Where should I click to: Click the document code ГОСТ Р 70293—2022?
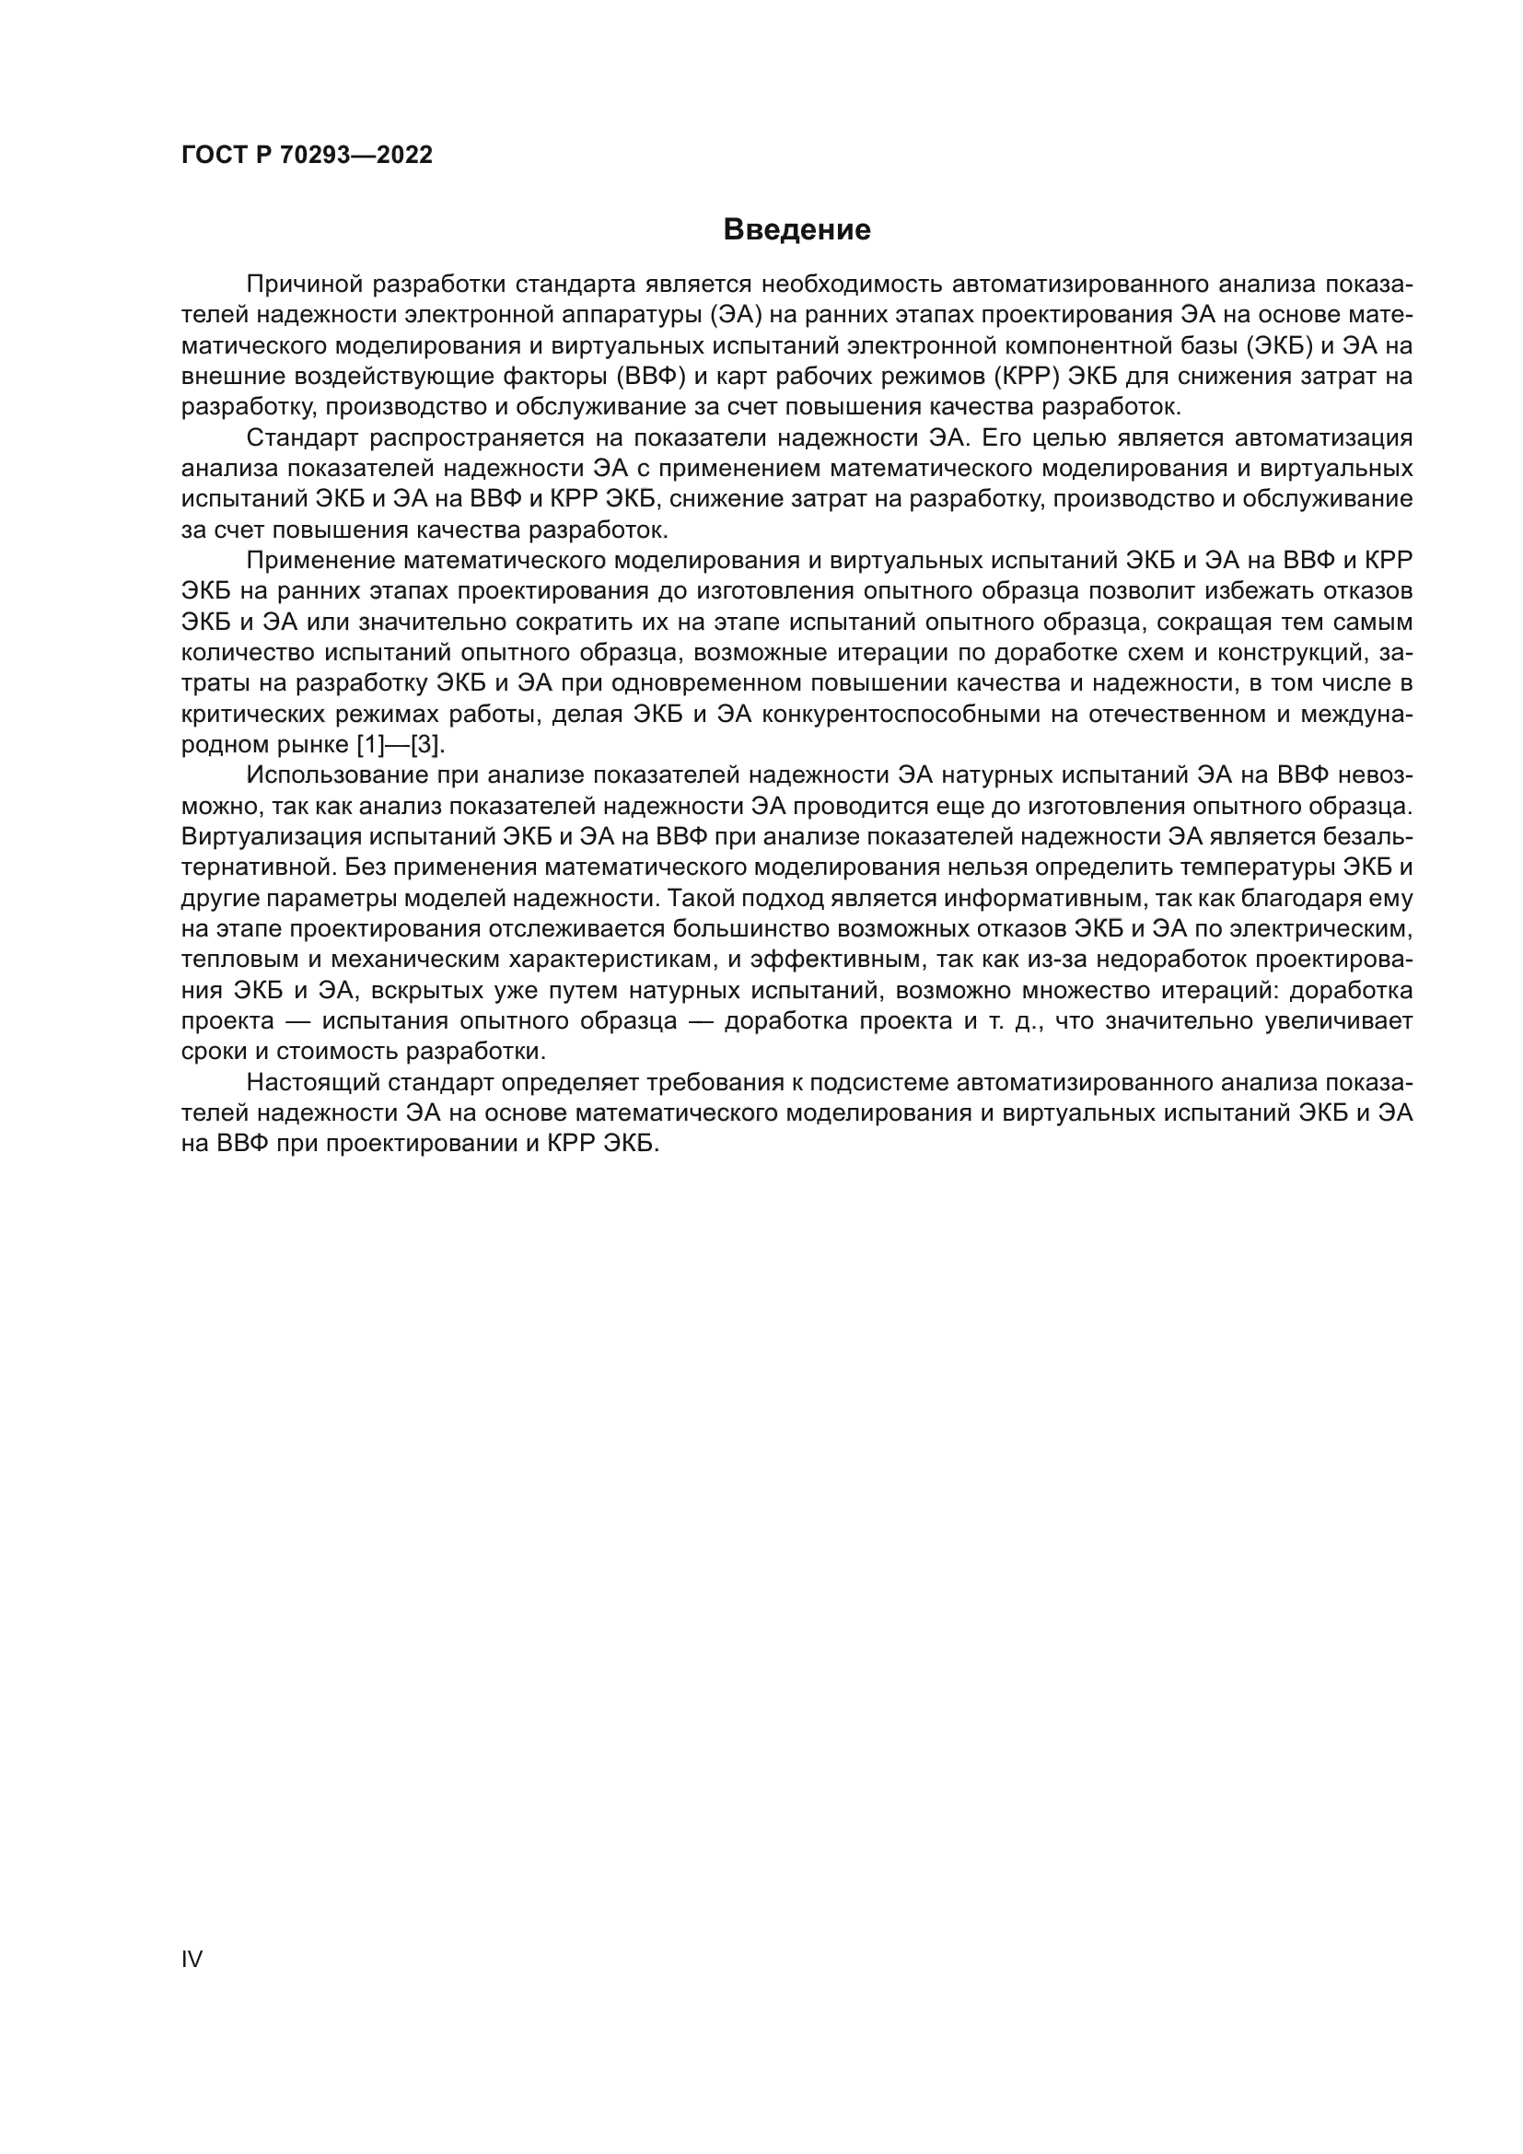click(x=307, y=156)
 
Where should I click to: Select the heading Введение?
click(x=797, y=230)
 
